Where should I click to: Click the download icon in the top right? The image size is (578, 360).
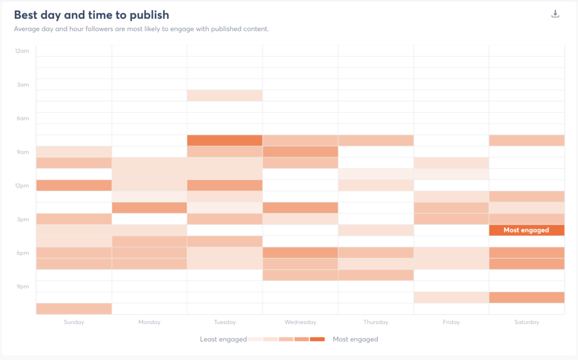point(555,14)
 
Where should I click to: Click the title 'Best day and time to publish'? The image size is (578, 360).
point(91,15)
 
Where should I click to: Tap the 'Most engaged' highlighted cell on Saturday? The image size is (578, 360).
point(526,230)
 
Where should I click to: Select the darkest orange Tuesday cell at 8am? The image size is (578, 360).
point(225,141)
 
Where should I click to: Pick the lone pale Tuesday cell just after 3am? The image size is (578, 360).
point(225,96)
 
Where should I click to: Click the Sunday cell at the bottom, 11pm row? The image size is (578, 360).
point(74,309)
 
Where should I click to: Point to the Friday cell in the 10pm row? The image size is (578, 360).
point(451,297)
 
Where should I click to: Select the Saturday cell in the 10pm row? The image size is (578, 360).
point(526,297)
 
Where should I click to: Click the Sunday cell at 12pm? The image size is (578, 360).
point(74,185)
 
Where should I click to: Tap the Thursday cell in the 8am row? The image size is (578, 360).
point(375,141)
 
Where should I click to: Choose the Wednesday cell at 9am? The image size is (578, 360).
point(300,152)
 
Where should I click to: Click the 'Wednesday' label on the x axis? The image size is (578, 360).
point(300,322)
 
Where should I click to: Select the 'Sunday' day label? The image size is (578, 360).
point(74,322)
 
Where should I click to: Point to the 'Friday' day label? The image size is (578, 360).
point(451,322)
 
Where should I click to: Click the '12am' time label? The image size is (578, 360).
point(21,51)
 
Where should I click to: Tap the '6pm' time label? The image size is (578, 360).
point(22,253)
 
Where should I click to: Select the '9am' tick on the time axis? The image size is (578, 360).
point(22,152)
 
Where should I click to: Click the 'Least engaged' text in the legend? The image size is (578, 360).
point(223,339)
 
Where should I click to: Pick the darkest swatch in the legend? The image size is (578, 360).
point(317,339)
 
